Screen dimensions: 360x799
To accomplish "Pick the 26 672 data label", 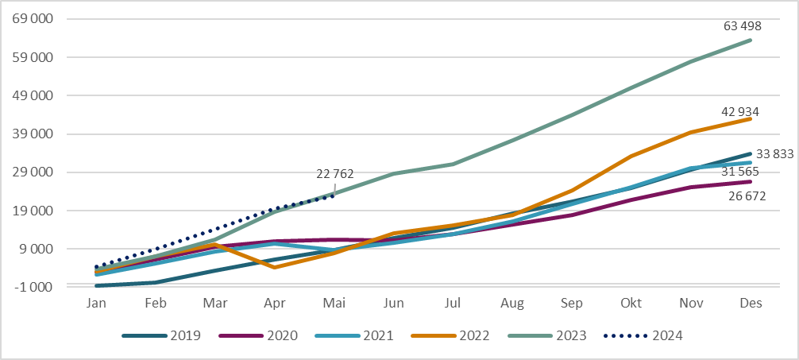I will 747,196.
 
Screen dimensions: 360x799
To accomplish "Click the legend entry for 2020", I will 257,335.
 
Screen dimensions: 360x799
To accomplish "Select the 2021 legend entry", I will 354,335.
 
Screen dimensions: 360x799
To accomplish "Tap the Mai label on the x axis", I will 334,304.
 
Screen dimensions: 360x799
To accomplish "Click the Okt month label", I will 631,304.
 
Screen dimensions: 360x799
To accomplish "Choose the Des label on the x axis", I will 751,304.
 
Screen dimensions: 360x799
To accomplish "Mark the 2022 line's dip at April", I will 275,267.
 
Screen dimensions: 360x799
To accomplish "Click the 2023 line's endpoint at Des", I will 751,40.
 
